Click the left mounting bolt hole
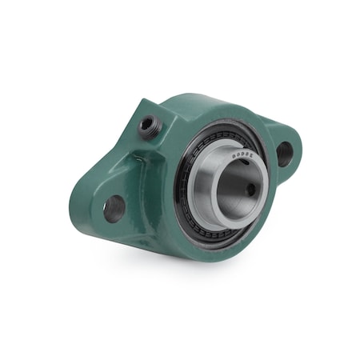(114, 208)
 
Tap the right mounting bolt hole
(285, 152)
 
